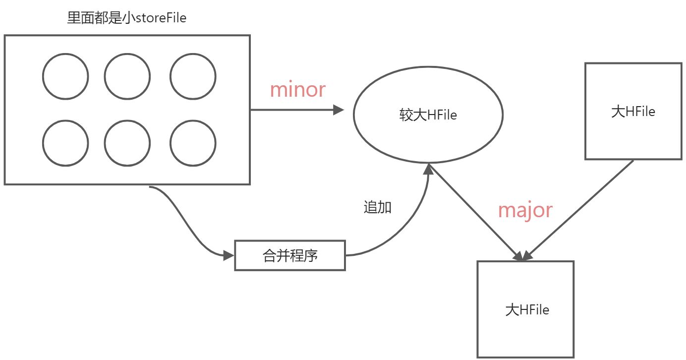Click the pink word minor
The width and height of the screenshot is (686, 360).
pos(297,89)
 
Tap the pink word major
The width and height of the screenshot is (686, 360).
pos(525,210)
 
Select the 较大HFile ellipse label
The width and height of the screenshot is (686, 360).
pos(428,115)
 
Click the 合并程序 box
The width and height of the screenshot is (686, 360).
pos(289,256)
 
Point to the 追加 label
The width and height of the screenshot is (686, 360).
pos(378,207)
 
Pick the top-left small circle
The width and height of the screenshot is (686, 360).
pos(65,77)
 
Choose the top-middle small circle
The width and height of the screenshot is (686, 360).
pos(127,77)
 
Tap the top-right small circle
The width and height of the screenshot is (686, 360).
pos(193,77)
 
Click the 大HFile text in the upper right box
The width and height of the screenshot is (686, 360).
pos(633,112)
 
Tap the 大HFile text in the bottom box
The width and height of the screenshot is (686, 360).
pos(527,310)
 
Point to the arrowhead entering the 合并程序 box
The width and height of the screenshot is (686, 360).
pos(229,256)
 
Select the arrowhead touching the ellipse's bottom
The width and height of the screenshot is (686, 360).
pos(429,170)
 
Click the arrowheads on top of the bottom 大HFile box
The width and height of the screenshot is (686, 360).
pos(523,256)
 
